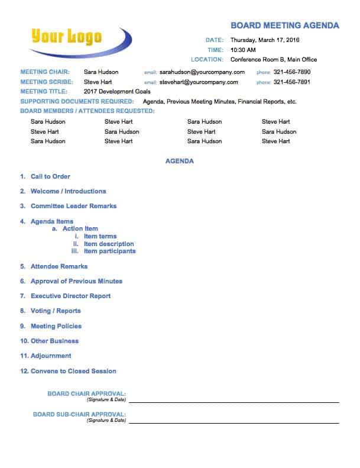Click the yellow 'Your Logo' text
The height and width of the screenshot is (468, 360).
(66, 37)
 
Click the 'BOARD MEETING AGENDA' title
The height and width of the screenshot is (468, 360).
(284, 25)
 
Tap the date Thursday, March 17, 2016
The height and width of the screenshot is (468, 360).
(265, 40)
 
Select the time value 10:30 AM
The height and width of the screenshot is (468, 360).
(243, 50)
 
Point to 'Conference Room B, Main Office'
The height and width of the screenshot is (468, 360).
(273, 60)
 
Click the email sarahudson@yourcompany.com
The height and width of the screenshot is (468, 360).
(202, 72)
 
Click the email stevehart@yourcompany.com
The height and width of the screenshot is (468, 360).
(199, 82)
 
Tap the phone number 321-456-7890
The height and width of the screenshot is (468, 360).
(291, 72)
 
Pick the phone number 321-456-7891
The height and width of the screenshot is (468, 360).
(291, 82)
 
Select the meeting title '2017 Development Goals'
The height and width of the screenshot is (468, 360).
(117, 92)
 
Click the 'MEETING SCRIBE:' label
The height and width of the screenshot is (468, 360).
(47, 82)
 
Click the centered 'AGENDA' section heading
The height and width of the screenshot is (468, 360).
(180, 161)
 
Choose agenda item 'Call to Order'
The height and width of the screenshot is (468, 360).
(50, 176)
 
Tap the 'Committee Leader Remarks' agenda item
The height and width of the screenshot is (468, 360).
(73, 206)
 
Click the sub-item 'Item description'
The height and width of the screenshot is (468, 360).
(109, 244)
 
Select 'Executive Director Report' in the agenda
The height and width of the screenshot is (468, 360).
(70, 296)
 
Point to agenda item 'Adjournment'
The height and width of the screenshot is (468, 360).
(51, 356)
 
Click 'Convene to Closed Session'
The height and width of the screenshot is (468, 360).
(73, 371)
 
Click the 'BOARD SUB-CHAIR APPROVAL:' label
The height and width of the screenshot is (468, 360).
(79, 415)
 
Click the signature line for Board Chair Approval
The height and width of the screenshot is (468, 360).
(233, 402)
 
